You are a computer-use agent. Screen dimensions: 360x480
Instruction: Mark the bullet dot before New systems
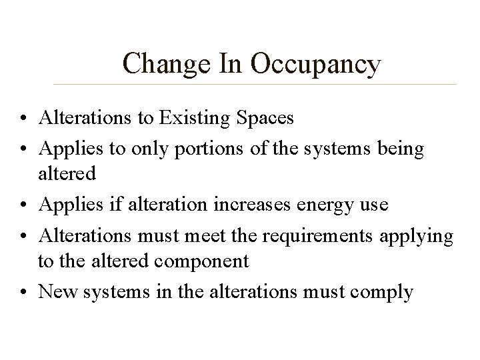click(25, 292)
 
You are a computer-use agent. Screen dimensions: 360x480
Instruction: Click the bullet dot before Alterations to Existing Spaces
click(25, 119)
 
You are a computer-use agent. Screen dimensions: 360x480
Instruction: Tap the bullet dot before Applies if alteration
click(25, 205)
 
